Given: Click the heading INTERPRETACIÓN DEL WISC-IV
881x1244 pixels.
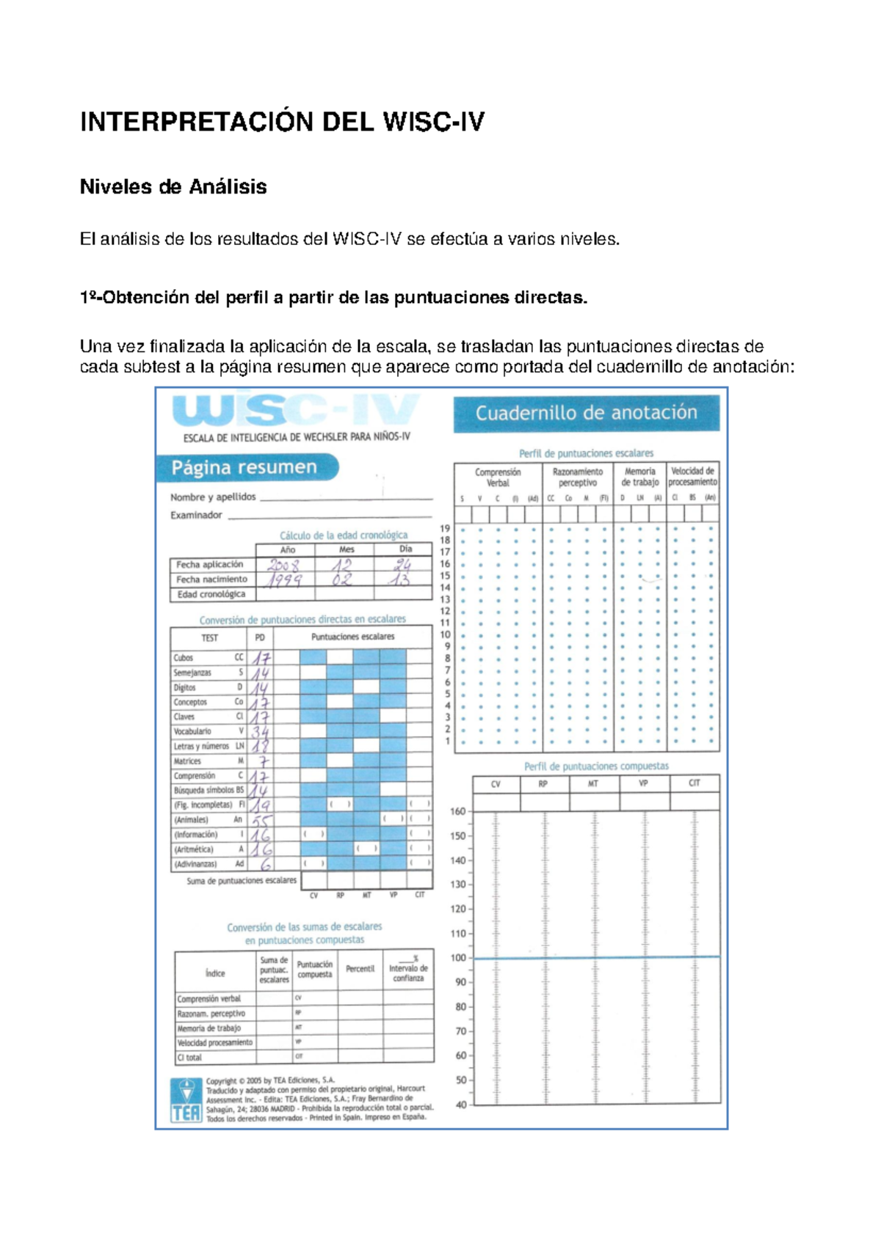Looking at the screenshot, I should (282, 122).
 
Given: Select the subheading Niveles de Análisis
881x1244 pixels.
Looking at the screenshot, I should (173, 187).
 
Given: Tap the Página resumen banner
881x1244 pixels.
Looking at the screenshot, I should (245, 467).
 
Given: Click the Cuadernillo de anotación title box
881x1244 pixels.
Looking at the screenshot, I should (586, 413).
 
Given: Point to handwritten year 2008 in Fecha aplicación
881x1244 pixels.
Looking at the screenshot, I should (283, 566).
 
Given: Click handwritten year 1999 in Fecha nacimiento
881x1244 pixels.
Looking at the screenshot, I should (283, 580).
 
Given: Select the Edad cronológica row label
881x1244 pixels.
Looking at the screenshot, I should (211, 594).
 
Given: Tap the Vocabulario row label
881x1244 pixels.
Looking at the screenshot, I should (192, 731).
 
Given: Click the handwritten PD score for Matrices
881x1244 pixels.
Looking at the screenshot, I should (263, 761).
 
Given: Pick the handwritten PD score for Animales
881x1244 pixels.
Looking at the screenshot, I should (261, 821).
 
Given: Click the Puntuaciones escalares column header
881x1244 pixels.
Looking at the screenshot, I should (352, 637).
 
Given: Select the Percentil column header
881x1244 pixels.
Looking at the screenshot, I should (360, 969).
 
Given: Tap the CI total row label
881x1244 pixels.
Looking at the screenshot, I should (189, 1058).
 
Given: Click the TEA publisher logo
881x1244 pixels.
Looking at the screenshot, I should (186, 1100).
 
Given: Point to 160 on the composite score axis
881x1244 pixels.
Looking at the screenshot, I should (457, 811).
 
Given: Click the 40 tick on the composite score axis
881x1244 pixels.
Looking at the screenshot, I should (461, 1105).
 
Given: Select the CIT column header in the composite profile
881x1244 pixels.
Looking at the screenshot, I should (694, 783).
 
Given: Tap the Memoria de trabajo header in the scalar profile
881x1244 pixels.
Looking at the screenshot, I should (639, 477).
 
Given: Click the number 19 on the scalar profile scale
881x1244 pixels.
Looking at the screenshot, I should (445, 528).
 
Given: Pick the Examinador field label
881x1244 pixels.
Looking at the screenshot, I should (196, 515).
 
